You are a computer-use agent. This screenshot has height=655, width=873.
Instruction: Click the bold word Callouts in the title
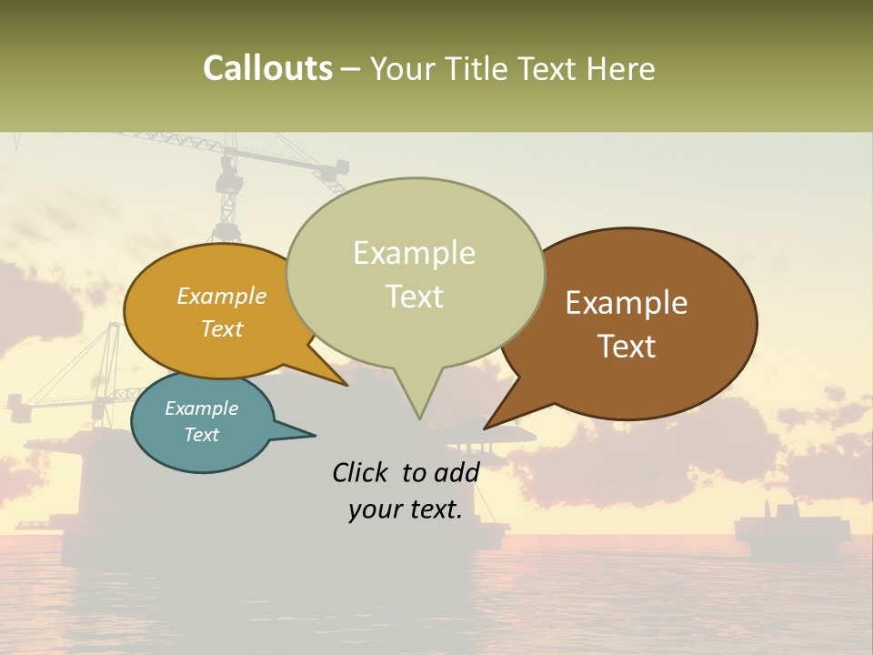(267, 68)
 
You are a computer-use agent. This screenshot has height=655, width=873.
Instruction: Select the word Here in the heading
(621, 68)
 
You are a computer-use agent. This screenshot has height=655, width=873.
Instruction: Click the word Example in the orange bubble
(221, 297)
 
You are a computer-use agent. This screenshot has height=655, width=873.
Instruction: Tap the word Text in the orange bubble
(221, 328)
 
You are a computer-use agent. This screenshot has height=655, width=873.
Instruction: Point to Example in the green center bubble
(414, 253)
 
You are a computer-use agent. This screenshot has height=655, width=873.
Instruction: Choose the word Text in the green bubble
(414, 297)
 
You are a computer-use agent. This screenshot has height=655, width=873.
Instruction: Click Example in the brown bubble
(627, 303)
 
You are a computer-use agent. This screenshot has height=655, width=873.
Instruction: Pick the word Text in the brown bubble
(627, 347)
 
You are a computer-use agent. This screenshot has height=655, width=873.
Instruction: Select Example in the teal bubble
(201, 408)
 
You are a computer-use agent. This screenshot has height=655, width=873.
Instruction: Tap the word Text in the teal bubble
(201, 435)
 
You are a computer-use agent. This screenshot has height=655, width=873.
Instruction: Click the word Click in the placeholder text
(362, 472)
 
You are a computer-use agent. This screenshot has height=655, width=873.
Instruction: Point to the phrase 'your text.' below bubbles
(406, 509)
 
